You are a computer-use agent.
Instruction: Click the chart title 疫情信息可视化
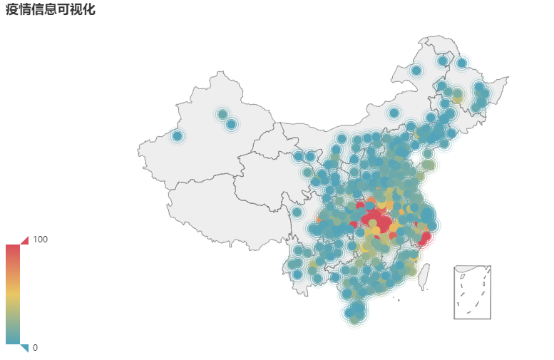point(51,9)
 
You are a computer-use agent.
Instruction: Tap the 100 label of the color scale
point(41,240)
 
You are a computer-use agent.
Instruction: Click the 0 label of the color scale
point(36,348)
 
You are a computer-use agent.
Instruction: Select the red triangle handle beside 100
point(25,240)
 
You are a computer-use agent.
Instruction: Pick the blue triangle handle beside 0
point(25,348)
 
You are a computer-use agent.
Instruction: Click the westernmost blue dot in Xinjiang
point(177,135)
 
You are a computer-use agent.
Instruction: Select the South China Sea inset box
point(472,292)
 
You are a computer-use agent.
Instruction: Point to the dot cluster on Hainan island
point(355,312)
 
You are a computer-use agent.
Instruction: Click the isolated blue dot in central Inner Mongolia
point(394,113)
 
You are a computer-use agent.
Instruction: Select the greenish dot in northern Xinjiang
point(222,114)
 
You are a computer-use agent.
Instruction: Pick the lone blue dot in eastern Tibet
point(297,212)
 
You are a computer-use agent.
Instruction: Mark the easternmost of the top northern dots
point(461,63)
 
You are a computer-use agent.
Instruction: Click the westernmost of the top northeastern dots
point(416,70)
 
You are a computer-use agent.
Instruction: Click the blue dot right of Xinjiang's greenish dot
point(231,125)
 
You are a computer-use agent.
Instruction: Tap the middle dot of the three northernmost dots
point(443,61)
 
